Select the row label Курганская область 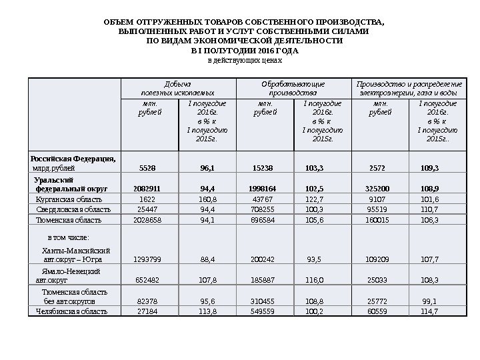pyautogui.click(x=69, y=199)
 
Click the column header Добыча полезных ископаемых pyautogui.click(x=177, y=87)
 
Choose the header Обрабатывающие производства pyautogui.click(x=293, y=87)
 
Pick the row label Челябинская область pyautogui.click(x=71, y=311)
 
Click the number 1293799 pyautogui.click(x=147, y=257)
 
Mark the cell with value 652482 pyautogui.click(x=147, y=281)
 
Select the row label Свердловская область pyautogui.click(x=73, y=209)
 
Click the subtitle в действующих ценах pyautogui.click(x=241, y=60)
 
